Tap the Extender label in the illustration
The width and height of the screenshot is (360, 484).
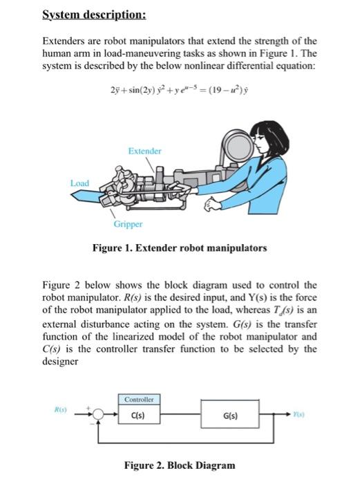click(144, 150)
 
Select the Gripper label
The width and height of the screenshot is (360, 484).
click(129, 223)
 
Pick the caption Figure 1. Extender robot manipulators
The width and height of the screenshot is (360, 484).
click(180, 247)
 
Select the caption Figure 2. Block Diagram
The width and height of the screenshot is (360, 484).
click(180, 465)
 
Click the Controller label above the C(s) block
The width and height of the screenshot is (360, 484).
click(141, 399)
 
